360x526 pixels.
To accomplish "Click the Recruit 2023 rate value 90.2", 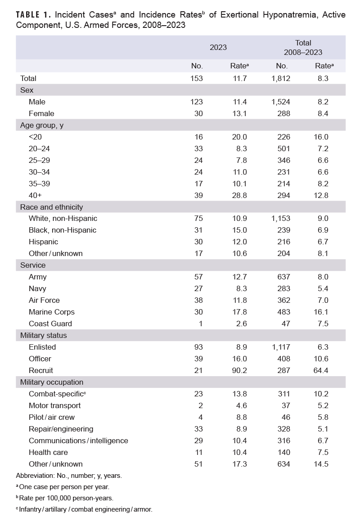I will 239,370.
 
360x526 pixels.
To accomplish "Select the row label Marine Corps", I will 52,312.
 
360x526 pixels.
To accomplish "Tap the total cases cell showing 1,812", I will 281,78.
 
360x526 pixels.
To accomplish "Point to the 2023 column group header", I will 218,47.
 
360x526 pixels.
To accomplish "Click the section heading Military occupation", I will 52,382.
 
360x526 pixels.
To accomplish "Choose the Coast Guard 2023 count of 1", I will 201,324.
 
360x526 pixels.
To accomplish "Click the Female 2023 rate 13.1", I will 239,113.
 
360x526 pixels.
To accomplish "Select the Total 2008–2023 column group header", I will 303,47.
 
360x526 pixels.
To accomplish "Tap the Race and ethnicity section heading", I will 51,207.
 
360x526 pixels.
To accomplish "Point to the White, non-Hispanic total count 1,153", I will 281,218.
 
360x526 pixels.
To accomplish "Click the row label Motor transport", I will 55,405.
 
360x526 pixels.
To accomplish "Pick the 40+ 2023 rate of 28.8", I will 239,195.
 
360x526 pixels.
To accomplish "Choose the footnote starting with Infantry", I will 85,509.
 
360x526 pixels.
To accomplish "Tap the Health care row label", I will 48,452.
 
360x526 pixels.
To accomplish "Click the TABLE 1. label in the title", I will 34,15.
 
